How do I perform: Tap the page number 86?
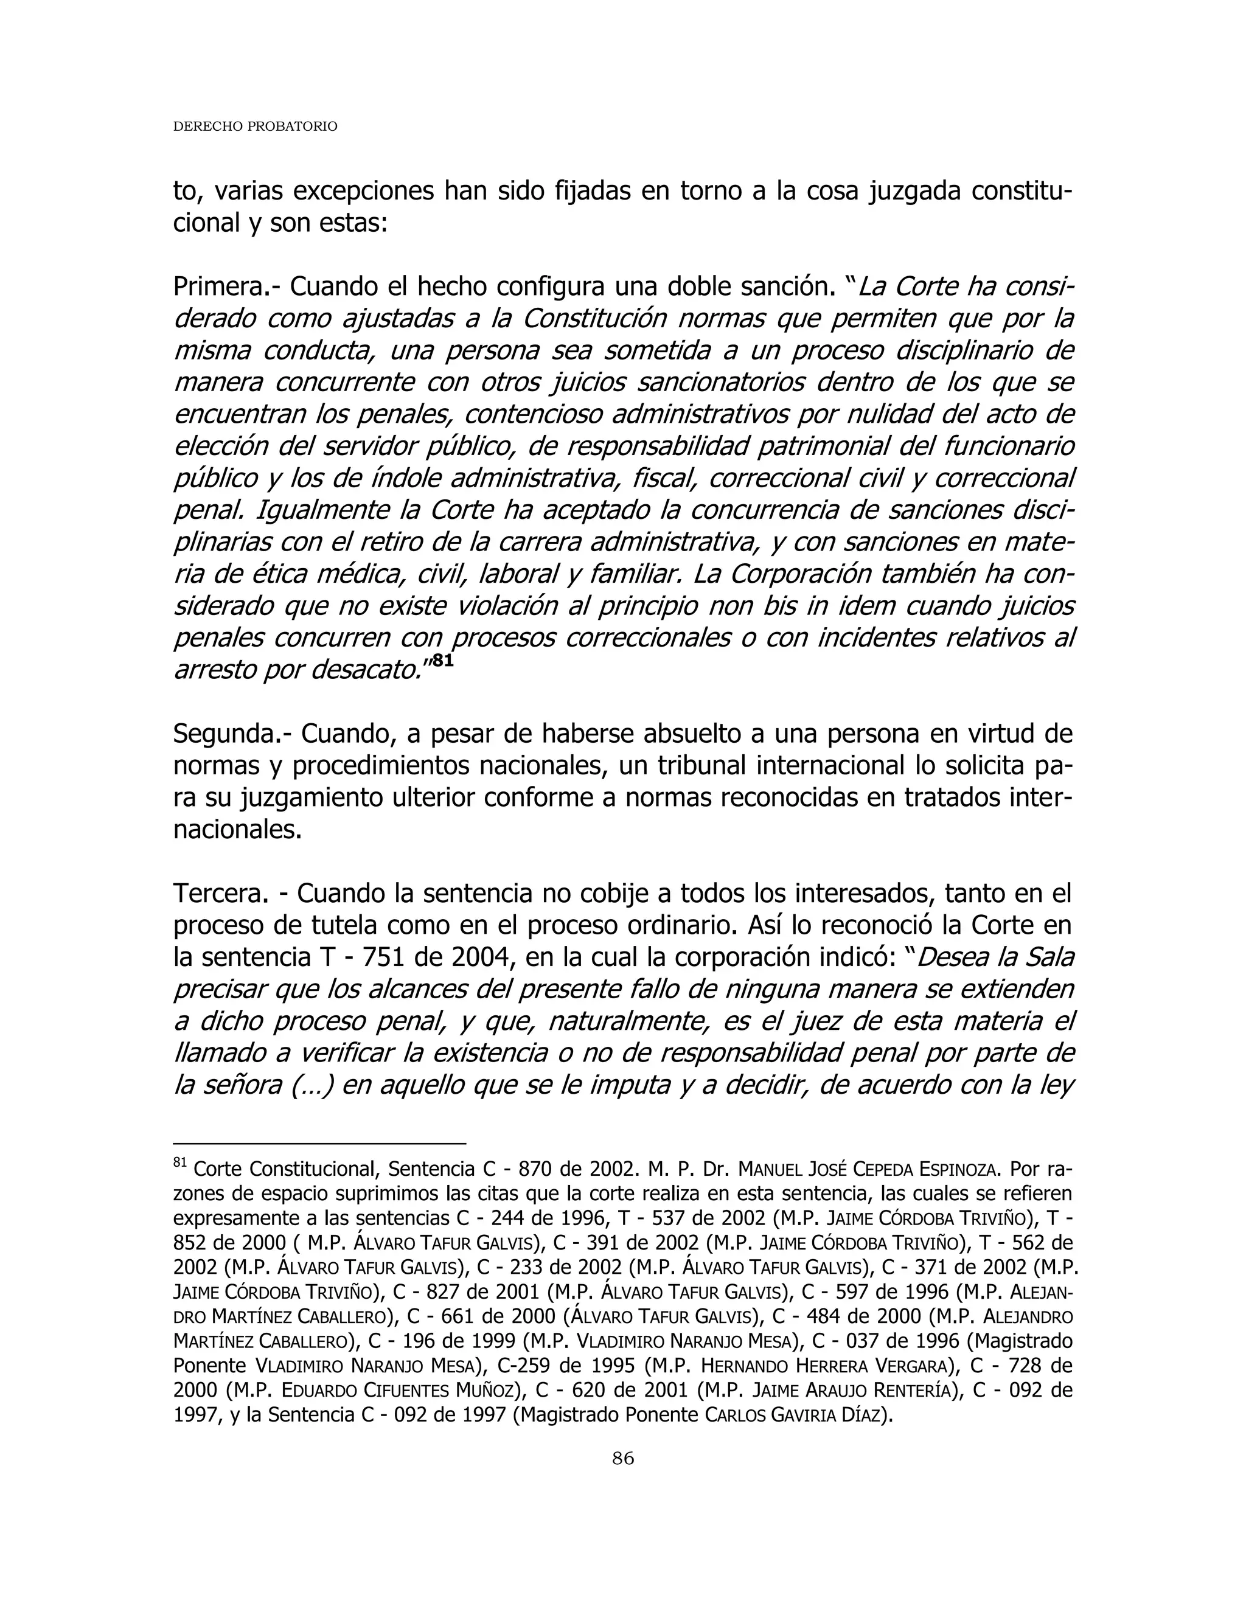pyautogui.click(x=623, y=1457)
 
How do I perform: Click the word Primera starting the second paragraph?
pyautogui.click(x=218, y=287)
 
